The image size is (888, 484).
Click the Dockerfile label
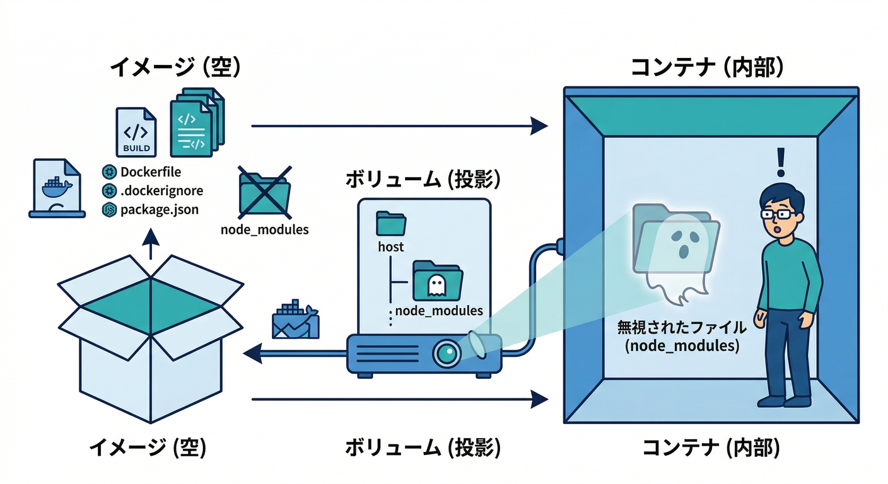[x=150, y=172]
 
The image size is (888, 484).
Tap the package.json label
[x=159, y=209]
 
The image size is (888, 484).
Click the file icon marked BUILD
[x=136, y=132]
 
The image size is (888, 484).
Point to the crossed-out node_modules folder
[x=264, y=192]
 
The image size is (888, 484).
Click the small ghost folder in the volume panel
[x=437, y=282]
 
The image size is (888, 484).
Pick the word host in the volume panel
[x=391, y=247]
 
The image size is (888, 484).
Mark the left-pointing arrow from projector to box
[x=296, y=354]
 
